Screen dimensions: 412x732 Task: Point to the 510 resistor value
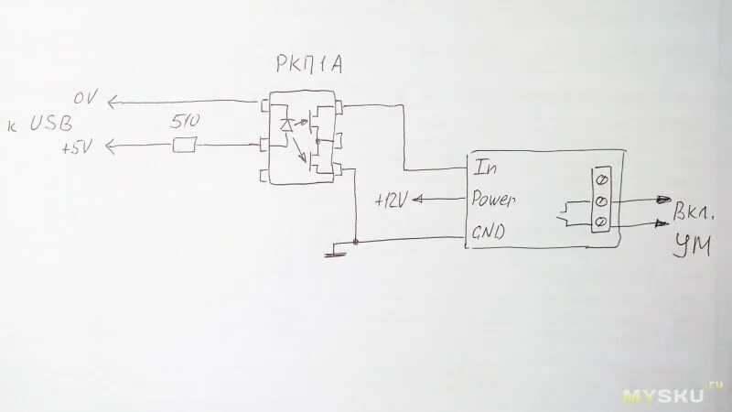pyautogui.click(x=186, y=121)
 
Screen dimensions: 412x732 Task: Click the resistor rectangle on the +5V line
pyautogui.click(x=186, y=144)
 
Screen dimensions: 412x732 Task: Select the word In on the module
pyautogui.click(x=484, y=168)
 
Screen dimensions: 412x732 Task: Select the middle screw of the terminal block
pyautogui.click(x=601, y=200)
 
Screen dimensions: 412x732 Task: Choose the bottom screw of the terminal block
pyautogui.click(x=601, y=222)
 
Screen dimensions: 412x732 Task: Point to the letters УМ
pyautogui.click(x=690, y=244)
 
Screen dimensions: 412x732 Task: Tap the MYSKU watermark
pyautogui.click(x=666, y=395)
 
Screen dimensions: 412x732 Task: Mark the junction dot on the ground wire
pyautogui.click(x=354, y=241)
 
